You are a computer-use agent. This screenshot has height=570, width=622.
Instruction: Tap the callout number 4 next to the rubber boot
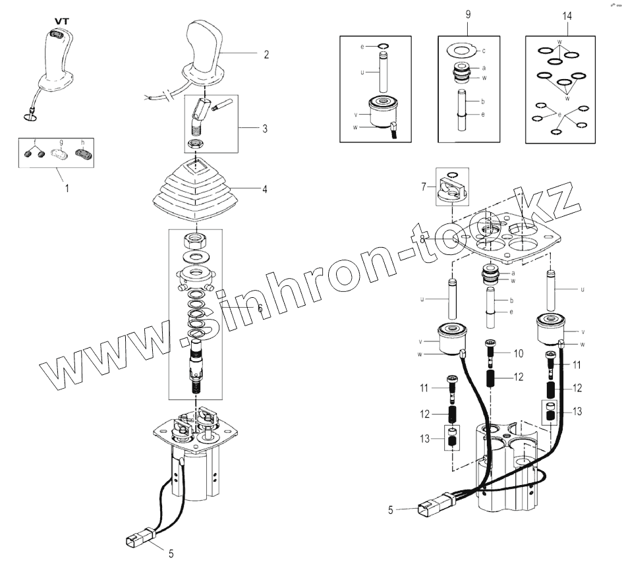pos(264,189)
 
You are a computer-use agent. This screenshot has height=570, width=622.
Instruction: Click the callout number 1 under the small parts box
pos(67,187)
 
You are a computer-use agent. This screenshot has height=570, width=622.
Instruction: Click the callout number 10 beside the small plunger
pos(519,354)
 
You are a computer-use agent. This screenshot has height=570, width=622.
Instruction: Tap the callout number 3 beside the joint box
pos(264,128)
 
